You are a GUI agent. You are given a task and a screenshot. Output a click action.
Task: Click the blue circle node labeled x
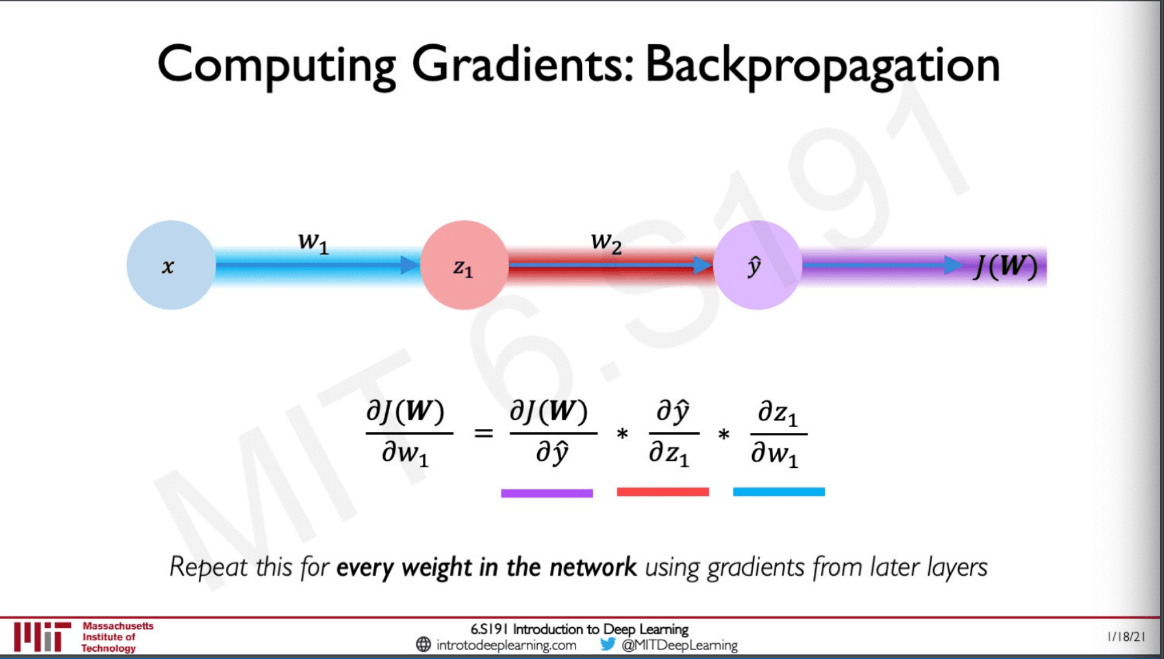click(171, 265)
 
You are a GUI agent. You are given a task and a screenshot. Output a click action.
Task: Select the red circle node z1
click(464, 265)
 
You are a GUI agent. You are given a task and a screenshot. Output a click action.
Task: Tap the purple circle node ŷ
click(757, 265)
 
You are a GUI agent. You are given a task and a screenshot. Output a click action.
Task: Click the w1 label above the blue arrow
click(314, 242)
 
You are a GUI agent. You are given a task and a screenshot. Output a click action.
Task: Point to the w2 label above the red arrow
click(607, 242)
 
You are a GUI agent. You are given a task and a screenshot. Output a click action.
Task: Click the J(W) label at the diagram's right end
click(1006, 266)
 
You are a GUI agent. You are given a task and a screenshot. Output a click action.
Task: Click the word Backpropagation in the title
click(822, 66)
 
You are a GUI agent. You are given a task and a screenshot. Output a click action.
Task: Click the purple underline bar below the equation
click(547, 493)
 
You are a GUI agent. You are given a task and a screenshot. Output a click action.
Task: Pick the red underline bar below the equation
click(663, 492)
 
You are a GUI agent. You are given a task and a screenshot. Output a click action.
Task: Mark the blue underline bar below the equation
click(779, 492)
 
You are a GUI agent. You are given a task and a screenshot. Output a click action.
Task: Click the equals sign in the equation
click(483, 433)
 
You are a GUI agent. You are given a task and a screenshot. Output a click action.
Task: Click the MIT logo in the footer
click(43, 637)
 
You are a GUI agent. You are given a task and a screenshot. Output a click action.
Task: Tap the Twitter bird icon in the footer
click(608, 644)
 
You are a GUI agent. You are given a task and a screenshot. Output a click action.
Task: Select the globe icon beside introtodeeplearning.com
click(424, 645)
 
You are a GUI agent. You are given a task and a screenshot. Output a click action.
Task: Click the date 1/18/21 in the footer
click(1126, 637)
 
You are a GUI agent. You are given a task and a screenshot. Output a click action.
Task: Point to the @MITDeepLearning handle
click(679, 645)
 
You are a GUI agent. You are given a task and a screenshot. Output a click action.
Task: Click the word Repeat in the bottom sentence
click(209, 567)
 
